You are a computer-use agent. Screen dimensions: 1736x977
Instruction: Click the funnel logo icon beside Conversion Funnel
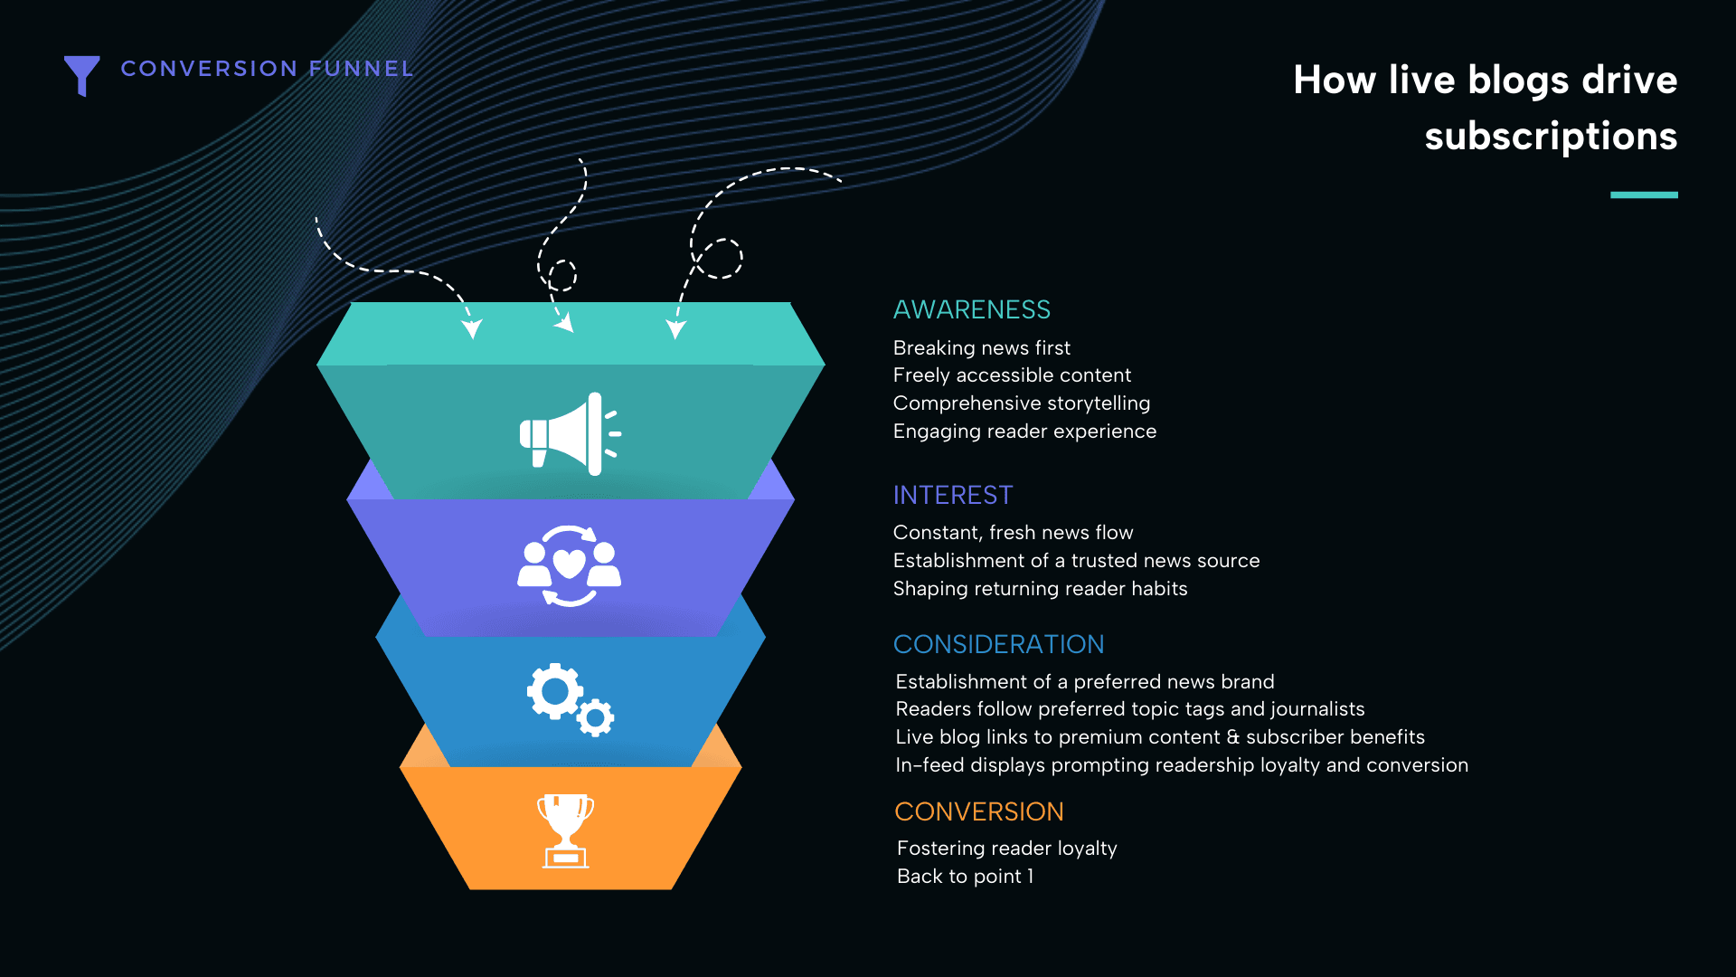tap(81, 74)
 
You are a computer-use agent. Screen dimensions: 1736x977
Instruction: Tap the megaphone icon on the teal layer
tap(570, 433)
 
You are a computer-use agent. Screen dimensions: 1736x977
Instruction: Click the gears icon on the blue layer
tap(571, 699)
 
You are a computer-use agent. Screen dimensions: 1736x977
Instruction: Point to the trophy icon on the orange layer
tap(566, 831)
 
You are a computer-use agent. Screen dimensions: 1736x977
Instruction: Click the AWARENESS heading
tap(972, 310)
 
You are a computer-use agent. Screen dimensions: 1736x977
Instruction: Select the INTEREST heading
tap(953, 496)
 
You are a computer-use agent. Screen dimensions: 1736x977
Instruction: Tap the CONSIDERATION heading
tap(999, 644)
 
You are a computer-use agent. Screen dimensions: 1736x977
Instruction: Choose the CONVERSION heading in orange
tap(979, 811)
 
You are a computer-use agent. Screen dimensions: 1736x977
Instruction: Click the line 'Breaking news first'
tap(982, 348)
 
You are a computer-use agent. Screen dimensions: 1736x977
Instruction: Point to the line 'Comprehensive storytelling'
tap(1022, 403)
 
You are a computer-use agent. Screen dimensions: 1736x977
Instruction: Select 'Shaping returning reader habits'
tap(1041, 589)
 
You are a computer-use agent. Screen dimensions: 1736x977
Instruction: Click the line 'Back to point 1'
tap(965, 877)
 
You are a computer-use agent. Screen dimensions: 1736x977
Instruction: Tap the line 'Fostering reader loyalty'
tap(1007, 849)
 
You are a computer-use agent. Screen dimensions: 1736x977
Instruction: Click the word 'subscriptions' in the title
tap(1551, 137)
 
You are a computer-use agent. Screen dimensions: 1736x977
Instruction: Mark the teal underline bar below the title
tap(1644, 194)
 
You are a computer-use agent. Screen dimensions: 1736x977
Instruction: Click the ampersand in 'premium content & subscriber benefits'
tap(1233, 737)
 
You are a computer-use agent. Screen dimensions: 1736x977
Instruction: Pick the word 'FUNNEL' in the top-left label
tap(361, 69)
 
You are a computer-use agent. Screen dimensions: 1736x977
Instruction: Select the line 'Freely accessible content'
tap(1012, 375)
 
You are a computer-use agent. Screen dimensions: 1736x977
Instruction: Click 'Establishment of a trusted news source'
tap(1076, 561)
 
